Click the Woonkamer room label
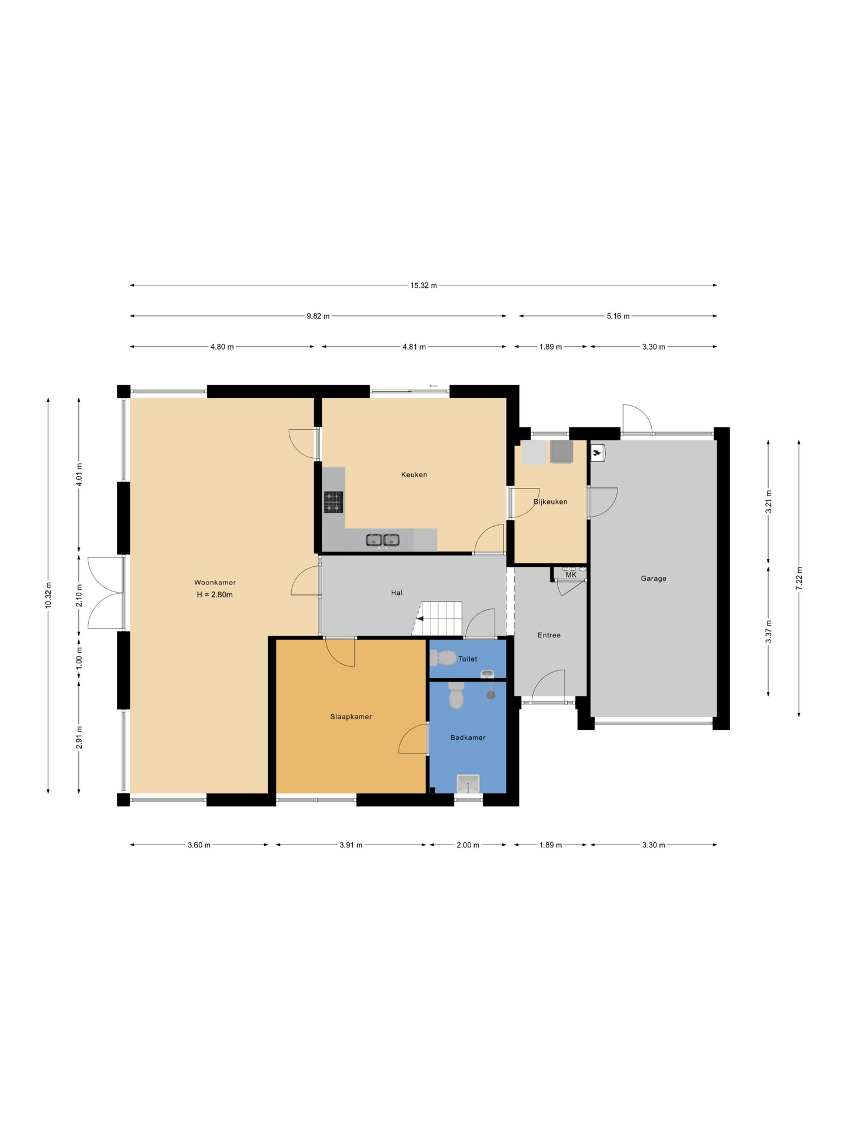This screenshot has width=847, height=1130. [215, 583]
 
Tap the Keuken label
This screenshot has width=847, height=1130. [414, 475]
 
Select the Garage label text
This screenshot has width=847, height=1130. [653, 579]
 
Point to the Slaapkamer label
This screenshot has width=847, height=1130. [351, 717]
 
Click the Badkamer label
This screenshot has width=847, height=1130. [468, 737]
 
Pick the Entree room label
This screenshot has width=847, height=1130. [549, 635]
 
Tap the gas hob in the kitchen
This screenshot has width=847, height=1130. [334, 502]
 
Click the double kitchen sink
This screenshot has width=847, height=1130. [382, 540]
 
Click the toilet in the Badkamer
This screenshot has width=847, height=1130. [456, 696]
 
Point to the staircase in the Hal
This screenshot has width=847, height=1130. [438, 619]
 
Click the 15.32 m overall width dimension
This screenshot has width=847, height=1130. [423, 285]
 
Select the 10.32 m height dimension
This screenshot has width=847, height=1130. [48, 595]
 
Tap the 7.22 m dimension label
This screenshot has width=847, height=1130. [799, 579]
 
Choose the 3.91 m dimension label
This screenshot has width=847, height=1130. [351, 845]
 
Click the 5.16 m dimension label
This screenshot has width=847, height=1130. [618, 316]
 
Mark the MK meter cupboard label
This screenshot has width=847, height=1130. [571, 575]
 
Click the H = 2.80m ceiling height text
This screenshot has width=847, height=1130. [215, 595]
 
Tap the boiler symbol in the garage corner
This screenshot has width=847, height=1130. [598, 452]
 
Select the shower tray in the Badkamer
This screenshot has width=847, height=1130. [468, 784]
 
